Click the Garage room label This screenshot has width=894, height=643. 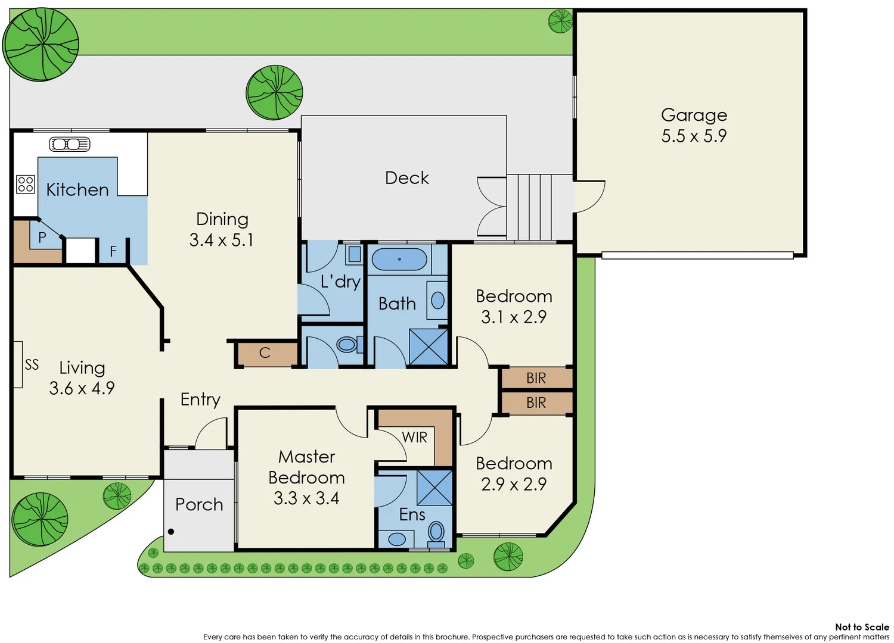click(x=694, y=115)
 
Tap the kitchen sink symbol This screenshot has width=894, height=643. click(x=69, y=144)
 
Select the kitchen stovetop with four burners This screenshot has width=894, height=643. click(x=26, y=184)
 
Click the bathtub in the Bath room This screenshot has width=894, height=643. click(x=399, y=260)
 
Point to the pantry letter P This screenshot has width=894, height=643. click(x=42, y=238)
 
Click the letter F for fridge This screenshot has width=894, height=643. click(x=113, y=251)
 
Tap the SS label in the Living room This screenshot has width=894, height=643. click(x=32, y=364)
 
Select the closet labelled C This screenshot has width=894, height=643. click(x=265, y=353)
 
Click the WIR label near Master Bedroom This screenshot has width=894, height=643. click(x=414, y=438)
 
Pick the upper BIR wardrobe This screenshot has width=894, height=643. click(x=536, y=378)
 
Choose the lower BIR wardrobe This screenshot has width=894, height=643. click(x=536, y=403)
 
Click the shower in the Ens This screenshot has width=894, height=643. click(x=434, y=487)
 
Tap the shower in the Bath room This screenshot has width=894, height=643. click(x=429, y=347)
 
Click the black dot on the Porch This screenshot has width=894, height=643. click(x=171, y=532)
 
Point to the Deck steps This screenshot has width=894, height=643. click(x=539, y=207)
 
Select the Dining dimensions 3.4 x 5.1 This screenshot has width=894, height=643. click(x=222, y=240)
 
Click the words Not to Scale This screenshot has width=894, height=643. click(x=861, y=627)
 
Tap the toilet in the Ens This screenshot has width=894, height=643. click(x=436, y=532)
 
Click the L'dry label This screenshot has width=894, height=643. click(x=340, y=282)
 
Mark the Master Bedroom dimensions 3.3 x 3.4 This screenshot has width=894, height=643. click(x=306, y=498)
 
